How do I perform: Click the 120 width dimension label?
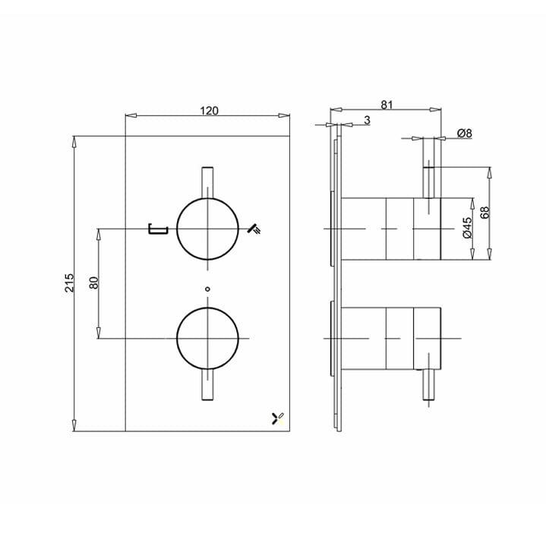209,111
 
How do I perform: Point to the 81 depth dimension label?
387,106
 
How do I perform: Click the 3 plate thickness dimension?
367,120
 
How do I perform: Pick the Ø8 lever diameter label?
464,133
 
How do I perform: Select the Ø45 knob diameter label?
467,229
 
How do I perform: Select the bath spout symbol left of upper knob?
158,228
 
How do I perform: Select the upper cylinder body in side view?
390,229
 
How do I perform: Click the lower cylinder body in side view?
390,337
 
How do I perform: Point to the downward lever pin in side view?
431,387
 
